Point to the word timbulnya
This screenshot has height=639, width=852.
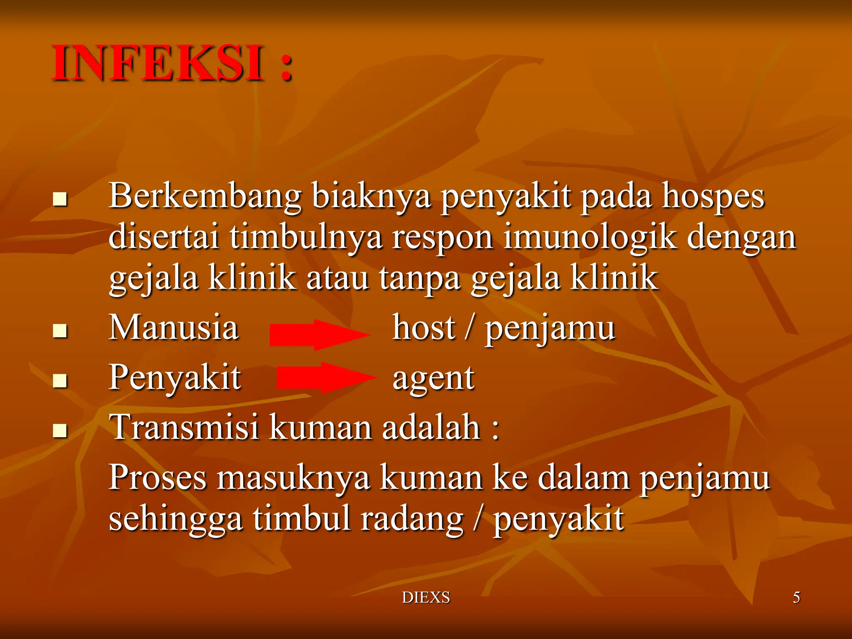click(x=306, y=237)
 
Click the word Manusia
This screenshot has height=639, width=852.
click(x=173, y=327)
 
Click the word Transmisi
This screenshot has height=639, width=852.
click(x=183, y=427)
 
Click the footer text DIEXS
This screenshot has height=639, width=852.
click(x=426, y=597)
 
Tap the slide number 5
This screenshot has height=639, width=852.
click(x=796, y=597)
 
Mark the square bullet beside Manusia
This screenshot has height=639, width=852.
click(x=60, y=331)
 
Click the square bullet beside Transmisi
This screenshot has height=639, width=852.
click(x=60, y=431)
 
